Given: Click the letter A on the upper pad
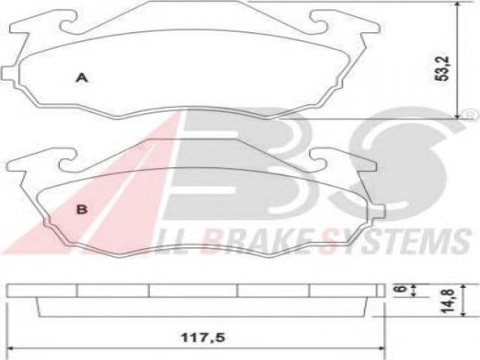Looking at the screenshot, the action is (82, 78).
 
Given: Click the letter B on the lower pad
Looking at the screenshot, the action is (82, 209).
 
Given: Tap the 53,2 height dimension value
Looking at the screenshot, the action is (442, 68).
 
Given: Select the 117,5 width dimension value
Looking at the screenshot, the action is (203, 337).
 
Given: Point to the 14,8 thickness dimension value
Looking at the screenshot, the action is (448, 300).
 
